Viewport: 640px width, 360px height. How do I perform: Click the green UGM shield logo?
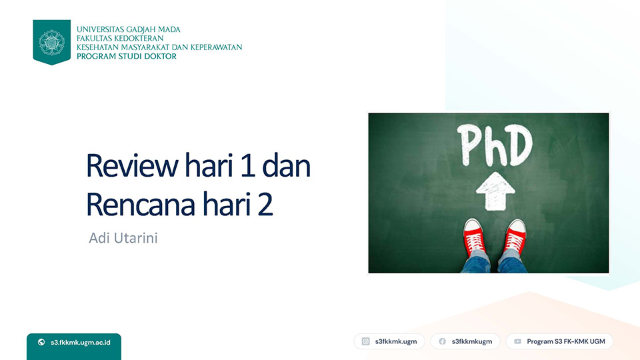pos(52,42)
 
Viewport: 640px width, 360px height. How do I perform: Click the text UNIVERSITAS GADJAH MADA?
pos(129,29)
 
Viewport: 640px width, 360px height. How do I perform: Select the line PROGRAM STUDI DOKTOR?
pos(127,56)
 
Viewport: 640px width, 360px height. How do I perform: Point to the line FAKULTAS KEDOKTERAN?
pos(120,39)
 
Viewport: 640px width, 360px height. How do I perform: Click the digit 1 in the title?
pos(248,166)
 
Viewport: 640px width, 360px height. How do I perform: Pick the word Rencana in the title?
pos(141,204)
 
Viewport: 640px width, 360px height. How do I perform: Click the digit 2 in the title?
pos(265,204)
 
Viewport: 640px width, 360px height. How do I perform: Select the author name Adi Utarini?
pos(123,238)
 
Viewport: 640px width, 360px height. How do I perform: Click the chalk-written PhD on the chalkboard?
pos(495,145)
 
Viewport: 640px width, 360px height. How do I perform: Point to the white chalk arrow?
pos(495,191)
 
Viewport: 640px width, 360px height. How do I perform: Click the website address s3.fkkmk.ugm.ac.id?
pos(81,343)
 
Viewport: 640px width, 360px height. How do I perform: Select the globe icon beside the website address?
pos(41,342)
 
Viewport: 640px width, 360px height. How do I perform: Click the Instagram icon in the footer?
pos(366,341)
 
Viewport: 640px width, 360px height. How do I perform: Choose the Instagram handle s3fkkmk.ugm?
pos(396,341)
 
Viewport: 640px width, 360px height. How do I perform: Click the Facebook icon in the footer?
pos(442,341)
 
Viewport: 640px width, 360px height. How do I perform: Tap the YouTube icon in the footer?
pos(517,341)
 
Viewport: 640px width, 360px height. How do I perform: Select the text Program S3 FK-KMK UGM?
pos(566,341)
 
